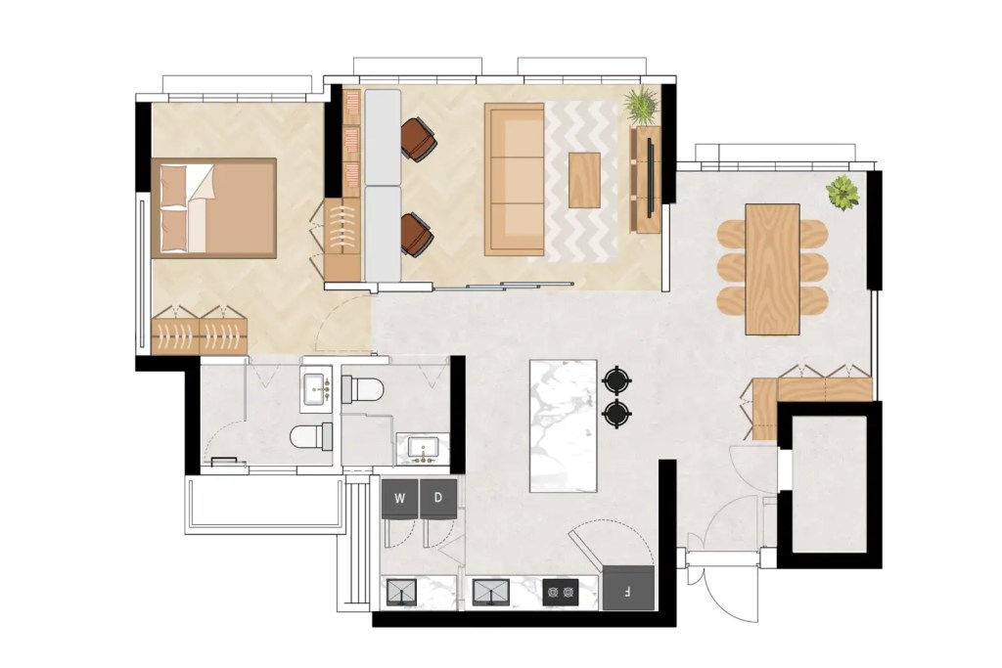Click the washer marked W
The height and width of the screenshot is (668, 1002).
399,498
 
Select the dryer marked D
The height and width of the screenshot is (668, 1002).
438,498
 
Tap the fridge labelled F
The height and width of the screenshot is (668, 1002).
627,590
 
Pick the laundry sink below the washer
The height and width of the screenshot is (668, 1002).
401,592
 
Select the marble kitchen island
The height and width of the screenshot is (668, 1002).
563,425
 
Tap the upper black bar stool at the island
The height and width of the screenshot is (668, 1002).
615,379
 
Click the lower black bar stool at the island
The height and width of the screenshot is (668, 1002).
615,414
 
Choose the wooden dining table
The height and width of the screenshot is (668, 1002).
772,268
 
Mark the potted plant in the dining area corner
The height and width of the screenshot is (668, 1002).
842,193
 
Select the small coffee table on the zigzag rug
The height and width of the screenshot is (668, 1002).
585,180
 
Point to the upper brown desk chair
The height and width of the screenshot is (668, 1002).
419,139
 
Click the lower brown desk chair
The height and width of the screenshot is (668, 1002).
417,235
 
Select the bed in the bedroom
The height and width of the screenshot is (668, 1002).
214,207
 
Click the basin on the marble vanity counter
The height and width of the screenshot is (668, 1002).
423,449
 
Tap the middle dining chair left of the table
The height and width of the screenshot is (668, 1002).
733,267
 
